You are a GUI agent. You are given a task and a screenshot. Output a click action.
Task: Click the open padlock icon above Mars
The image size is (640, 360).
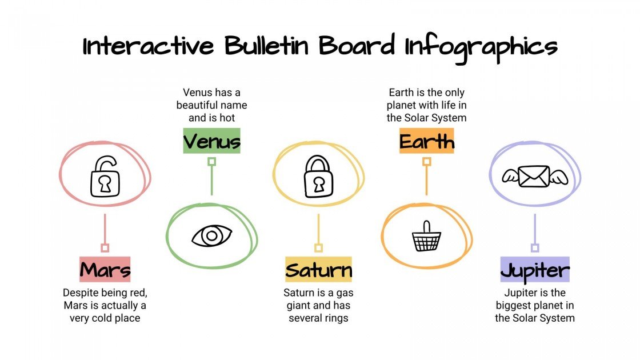pyautogui.click(x=105, y=177)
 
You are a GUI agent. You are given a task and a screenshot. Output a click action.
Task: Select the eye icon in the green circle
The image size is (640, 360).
pyautogui.click(x=211, y=235)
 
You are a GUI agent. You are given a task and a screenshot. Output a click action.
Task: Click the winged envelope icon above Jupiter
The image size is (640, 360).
pyautogui.click(x=535, y=177)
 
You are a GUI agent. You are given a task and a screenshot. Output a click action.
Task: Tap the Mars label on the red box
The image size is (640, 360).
pyautogui.click(x=105, y=270)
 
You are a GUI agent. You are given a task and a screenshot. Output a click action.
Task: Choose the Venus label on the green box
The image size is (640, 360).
pyautogui.click(x=212, y=141)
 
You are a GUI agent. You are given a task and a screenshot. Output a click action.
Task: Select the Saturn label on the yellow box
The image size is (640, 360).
pyautogui.click(x=318, y=270)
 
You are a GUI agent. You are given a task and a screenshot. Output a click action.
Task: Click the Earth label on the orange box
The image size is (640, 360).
pyautogui.click(x=426, y=141)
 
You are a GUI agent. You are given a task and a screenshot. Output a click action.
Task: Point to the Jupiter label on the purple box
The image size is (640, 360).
pyautogui.click(x=535, y=270)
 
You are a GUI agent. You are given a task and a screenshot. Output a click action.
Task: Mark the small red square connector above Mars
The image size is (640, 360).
pyautogui.click(x=105, y=248)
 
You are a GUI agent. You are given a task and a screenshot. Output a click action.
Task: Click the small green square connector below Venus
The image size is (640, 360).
pyautogui.click(x=211, y=162)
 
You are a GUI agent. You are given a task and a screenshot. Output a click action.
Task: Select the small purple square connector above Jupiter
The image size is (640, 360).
pyautogui.click(x=535, y=248)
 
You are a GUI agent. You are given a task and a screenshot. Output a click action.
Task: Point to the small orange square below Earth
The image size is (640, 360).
pyautogui.click(x=426, y=162)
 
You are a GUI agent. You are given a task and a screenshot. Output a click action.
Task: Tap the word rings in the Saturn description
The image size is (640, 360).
pyautogui.click(x=335, y=318)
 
